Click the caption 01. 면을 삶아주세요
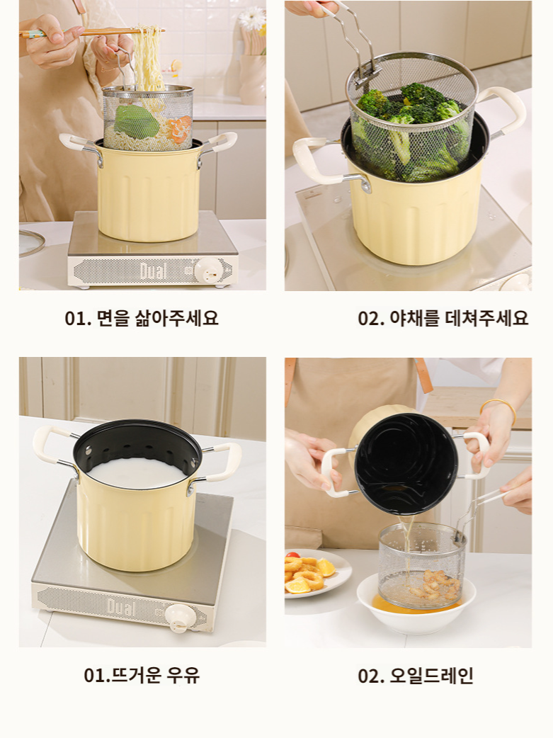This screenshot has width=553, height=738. pos(142,318)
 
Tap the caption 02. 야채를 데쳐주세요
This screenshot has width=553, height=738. pos(443,318)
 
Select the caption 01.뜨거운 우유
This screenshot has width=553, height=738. pos(142,675)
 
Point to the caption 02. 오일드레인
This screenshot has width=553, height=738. pos(415,676)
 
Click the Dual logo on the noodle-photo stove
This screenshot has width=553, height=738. pos(153,270)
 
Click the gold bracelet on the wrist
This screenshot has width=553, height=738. pos(497,408)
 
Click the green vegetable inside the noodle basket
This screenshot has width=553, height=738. pos(136,121)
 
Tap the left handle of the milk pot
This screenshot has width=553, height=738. pos(50,446)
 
